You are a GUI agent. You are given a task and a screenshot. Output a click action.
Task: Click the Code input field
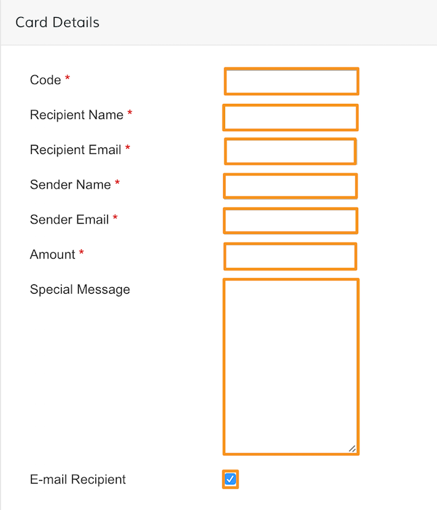pyautogui.click(x=291, y=81)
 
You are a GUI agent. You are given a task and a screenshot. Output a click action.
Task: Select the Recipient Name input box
pyautogui.click(x=291, y=118)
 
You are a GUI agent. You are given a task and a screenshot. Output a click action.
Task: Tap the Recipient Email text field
pyautogui.click(x=291, y=151)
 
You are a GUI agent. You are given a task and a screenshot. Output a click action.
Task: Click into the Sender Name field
pyautogui.click(x=291, y=186)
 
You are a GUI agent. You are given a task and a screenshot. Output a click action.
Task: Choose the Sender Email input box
pyautogui.click(x=291, y=221)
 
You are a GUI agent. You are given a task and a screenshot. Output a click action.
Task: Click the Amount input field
pyautogui.click(x=291, y=256)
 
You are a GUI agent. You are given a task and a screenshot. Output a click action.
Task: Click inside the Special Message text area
pyautogui.click(x=291, y=366)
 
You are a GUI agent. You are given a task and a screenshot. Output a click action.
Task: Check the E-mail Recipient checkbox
pyautogui.click(x=230, y=479)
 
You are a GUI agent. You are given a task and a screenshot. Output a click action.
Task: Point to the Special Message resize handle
pyautogui.click(x=352, y=448)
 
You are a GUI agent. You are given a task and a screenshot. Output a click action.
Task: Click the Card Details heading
pyautogui.click(x=58, y=22)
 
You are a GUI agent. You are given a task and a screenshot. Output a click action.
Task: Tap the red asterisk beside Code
pyautogui.click(x=68, y=78)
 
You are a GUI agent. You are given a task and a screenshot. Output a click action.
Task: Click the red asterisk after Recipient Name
pyautogui.click(x=130, y=112)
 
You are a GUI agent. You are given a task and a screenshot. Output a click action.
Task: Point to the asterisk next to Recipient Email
pyautogui.click(x=128, y=148)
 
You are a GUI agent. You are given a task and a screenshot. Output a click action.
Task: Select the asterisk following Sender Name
pyautogui.click(x=117, y=183)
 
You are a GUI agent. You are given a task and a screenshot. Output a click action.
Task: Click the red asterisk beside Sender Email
pyautogui.click(x=115, y=217)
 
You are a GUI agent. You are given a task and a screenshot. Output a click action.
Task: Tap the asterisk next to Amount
pyautogui.click(x=81, y=252)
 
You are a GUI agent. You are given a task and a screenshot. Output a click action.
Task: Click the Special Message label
pyautogui.click(x=80, y=290)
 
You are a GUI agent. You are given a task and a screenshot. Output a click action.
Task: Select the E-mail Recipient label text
pyautogui.click(x=78, y=480)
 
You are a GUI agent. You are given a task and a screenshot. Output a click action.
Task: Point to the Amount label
pyautogui.click(x=52, y=255)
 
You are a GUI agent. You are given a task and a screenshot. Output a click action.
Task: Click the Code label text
pyautogui.click(x=45, y=80)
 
